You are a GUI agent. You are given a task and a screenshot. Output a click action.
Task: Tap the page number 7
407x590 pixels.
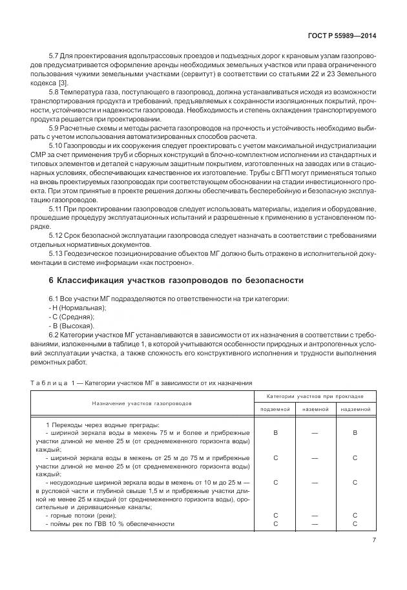374,542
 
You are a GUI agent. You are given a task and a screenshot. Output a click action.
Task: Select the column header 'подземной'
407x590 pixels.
276,410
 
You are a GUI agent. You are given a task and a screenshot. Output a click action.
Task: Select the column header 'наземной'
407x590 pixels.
315,410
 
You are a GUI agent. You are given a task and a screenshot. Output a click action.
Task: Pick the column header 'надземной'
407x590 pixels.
355,410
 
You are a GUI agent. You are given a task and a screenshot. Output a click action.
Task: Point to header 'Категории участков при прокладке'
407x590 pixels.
315,395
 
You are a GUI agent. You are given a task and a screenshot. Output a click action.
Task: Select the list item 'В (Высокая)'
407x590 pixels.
73,326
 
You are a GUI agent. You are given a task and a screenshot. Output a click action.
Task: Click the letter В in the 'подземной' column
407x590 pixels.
276,433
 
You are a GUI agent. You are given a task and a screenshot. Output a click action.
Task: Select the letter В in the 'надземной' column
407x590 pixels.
355,433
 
